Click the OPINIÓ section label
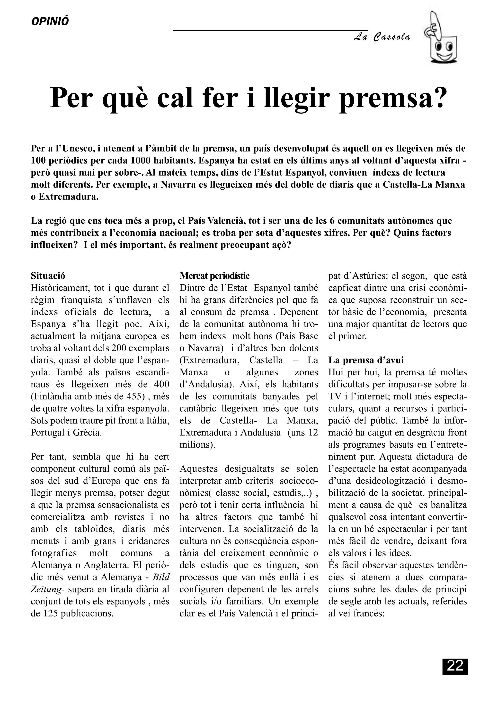50,21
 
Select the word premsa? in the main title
392,98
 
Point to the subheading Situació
48,276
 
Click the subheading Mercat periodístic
214,276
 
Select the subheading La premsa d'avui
366,360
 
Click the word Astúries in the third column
372,276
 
